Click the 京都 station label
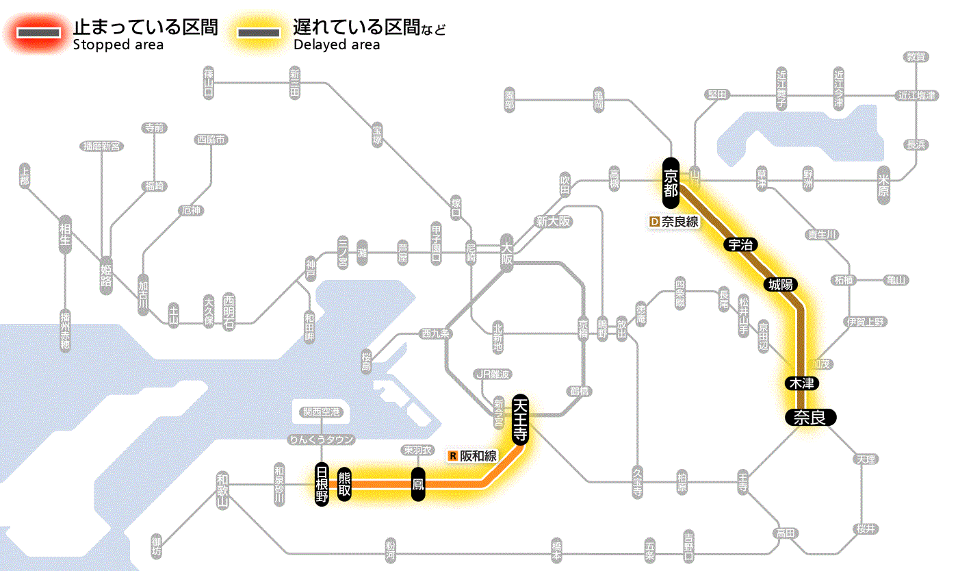pyautogui.click(x=671, y=182)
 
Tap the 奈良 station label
pyautogui.click(x=810, y=417)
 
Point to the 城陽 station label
pyautogui.click(x=781, y=284)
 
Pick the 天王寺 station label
pyautogui.click(x=520, y=420)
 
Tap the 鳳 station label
pyautogui.click(x=417, y=485)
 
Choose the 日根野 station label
pyautogui.click(x=321, y=484)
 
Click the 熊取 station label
pyautogui.click(x=344, y=484)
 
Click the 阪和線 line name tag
pyautogui.click(x=473, y=455)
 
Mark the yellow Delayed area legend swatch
pyautogui.click(x=258, y=33)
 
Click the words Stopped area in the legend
pyautogui.click(x=118, y=45)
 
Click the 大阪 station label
pyautogui.click(x=506, y=253)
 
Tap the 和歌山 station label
pyautogui.click(x=222, y=489)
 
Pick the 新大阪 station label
pyautogui.click(x=553, y=221)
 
